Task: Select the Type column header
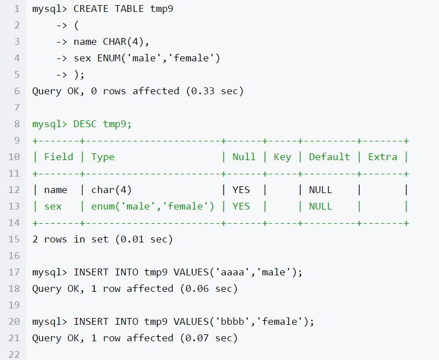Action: tap(103, 157)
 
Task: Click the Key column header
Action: tap(282, 157)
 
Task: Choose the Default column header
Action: tap(329, 157)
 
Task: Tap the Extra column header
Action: tap(383, 157)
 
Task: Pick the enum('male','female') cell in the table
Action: tap(153, 206)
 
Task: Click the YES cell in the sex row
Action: tap(241, 206)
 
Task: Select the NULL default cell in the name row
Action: tap(320, 190)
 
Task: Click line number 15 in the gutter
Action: tap(14, 239)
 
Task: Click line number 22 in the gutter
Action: tap(14, 354)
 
